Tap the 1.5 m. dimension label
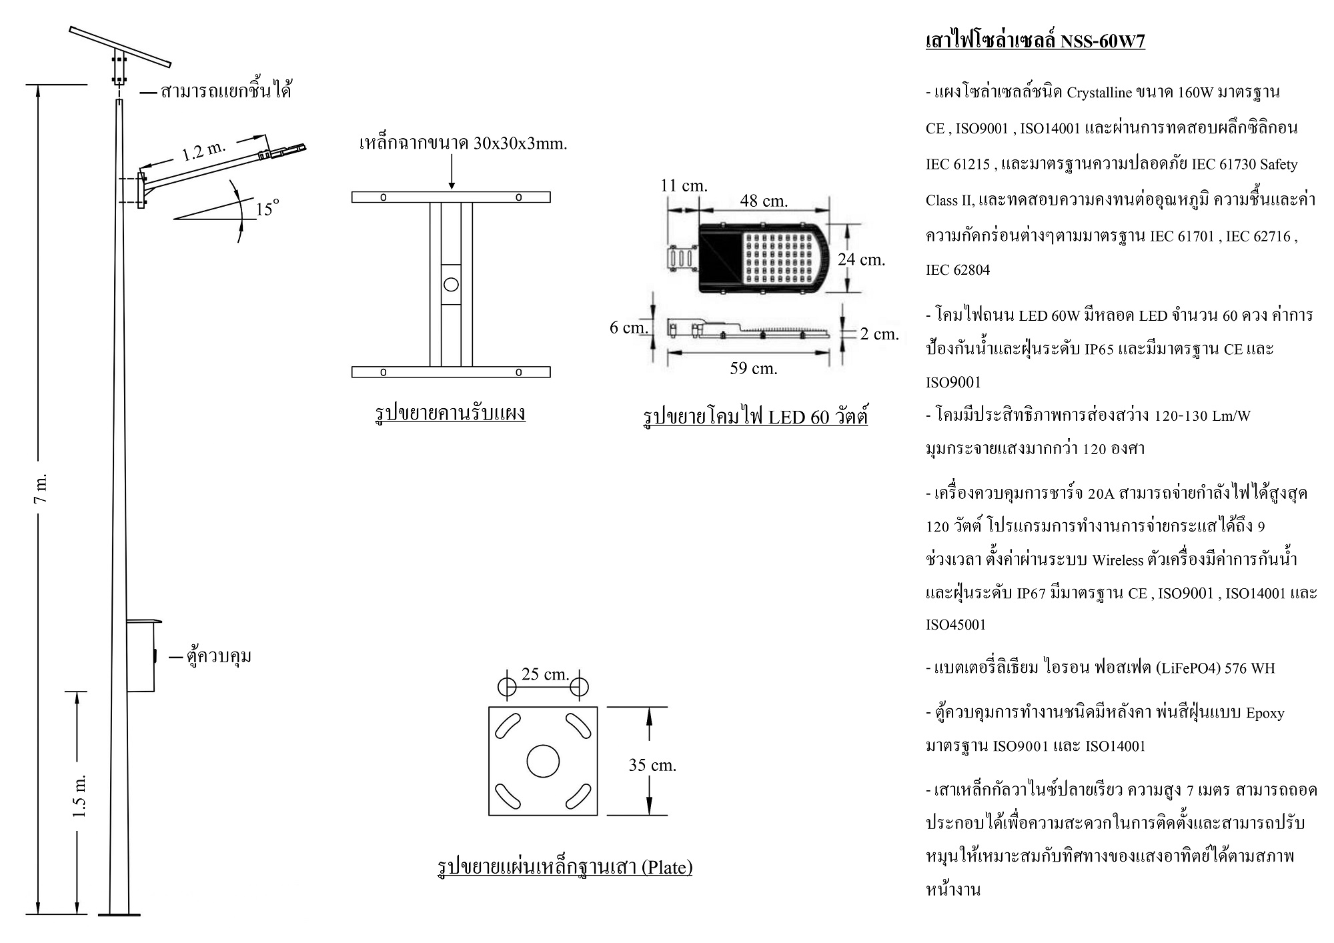click(79, 796)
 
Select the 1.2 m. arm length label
click(204, 151)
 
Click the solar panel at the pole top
click(120, 47)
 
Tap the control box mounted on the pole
click(141, 656)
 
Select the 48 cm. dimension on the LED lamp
click(764, 200)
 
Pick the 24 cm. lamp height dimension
click(861, 259)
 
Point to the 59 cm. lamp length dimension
click(753, 368)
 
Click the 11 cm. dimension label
click(684, 185)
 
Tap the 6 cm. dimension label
click(628, 327)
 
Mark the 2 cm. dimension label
click(879, 334)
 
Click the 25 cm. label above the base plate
click(545, 674)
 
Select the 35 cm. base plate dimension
click(652, 765)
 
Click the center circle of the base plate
click(543, 761)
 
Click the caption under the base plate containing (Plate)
click(564, 867)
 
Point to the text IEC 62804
click(958, 270)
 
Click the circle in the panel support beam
click(451, 285)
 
